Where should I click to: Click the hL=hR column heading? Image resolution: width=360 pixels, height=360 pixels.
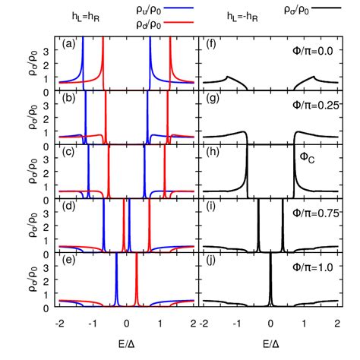point(76,14)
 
